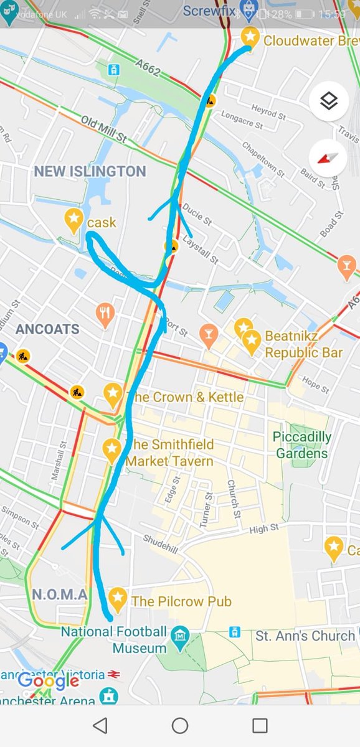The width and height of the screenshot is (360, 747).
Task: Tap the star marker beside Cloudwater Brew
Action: [x=250, y=36]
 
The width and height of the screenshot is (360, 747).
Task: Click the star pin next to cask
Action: [x=74, y=219]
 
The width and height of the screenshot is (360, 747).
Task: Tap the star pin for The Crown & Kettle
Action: [x=112, y=393]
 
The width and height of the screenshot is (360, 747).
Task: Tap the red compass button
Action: [x=328, y=157]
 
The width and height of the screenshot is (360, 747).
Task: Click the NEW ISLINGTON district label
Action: [x=90, y=171]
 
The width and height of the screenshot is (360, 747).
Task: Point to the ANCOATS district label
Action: [x=47, y=329]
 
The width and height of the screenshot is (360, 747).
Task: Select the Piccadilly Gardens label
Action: [x=301, y=444]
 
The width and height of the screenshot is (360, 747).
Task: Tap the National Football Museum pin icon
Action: [x=180, y=636]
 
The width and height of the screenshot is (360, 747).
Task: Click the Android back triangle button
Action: [x=100, y=725]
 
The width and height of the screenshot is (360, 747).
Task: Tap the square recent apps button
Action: [x=260, y=725]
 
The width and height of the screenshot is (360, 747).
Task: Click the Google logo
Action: [x=48, y=682]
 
